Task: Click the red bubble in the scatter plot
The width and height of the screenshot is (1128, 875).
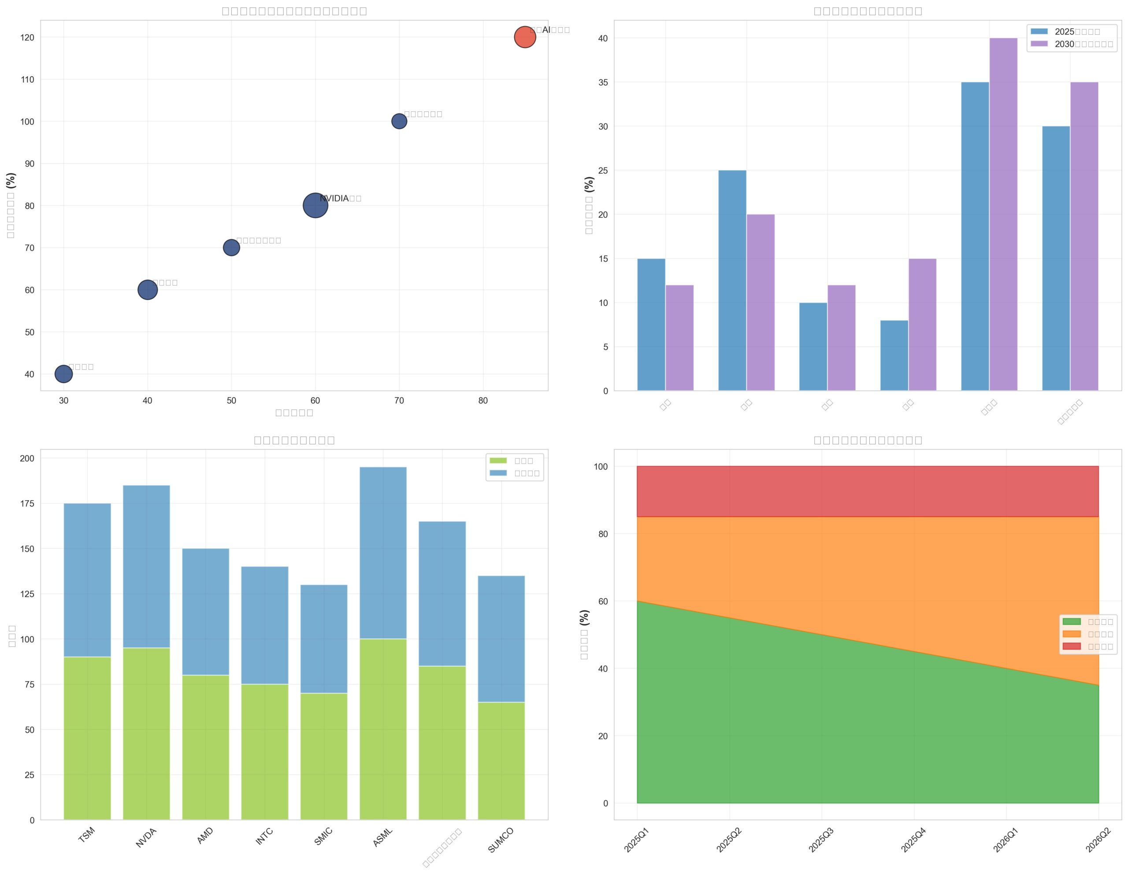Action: point(524,37)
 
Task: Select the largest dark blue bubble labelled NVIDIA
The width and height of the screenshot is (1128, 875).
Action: point(315,206)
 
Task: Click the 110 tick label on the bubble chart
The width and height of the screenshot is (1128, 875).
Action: point(28,80)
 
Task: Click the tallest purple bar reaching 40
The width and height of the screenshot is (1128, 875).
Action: point(1003,214)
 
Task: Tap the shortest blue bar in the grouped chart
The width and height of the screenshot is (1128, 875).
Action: point(894,356)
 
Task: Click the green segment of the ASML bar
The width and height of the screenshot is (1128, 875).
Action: point(383,729)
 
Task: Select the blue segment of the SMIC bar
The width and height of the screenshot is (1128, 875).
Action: point(324,639)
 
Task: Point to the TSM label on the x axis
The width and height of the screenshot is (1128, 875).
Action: point(87,835)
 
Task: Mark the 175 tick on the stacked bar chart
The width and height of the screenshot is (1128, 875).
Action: point(27,504)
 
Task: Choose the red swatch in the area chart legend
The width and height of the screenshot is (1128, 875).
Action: point(1070,646)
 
